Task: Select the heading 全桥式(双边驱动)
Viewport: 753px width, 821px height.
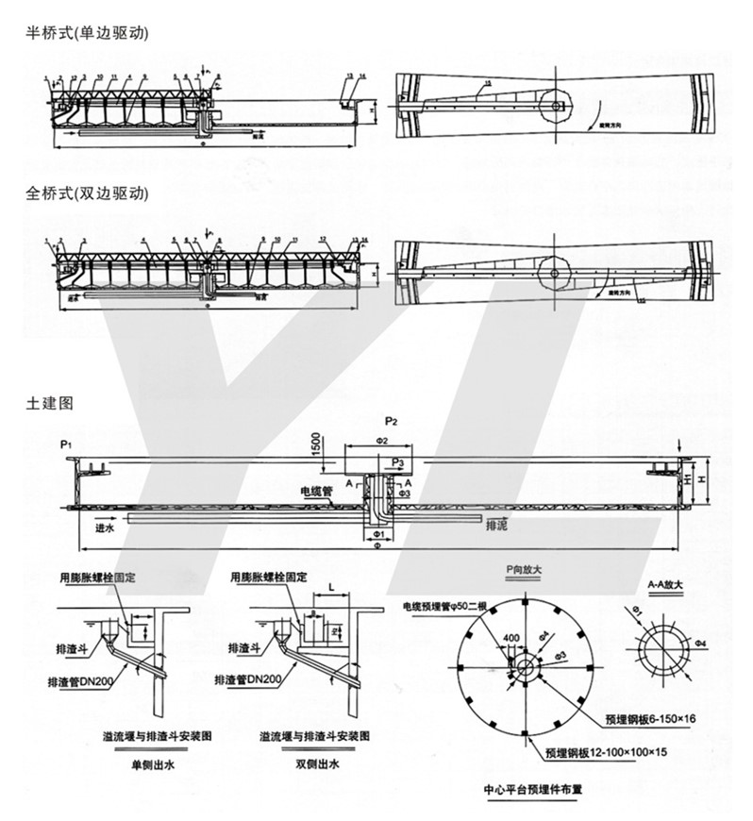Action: (87, 195)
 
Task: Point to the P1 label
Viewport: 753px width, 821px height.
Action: (64, 443)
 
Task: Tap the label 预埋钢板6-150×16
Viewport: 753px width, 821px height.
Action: (651, 718)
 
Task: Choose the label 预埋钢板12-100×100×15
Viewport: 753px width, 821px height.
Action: (611, 753)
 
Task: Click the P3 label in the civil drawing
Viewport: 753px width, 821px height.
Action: (398, 462)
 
